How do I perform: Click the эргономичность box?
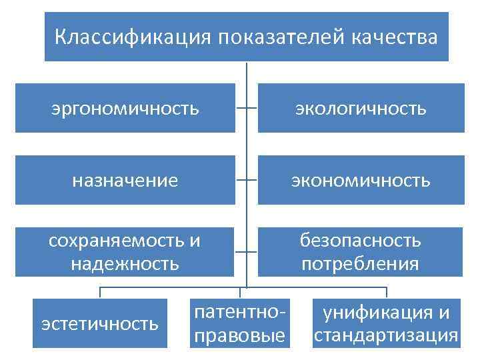point(125,108)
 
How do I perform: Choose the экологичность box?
point(361,108)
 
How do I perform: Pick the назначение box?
point(125,180)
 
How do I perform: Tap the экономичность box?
point(361,180)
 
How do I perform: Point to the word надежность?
point(125,263)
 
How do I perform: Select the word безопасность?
point(361,241)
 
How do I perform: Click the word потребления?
point(361,263)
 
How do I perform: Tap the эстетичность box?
point(100,323)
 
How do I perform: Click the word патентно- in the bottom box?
point(240,312)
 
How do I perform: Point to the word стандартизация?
point(386,335)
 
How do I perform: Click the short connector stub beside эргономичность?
point(241,108)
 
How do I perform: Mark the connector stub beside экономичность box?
point(253,180)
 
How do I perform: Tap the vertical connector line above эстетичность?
point(100,293)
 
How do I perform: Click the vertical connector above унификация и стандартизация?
point(386,293)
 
